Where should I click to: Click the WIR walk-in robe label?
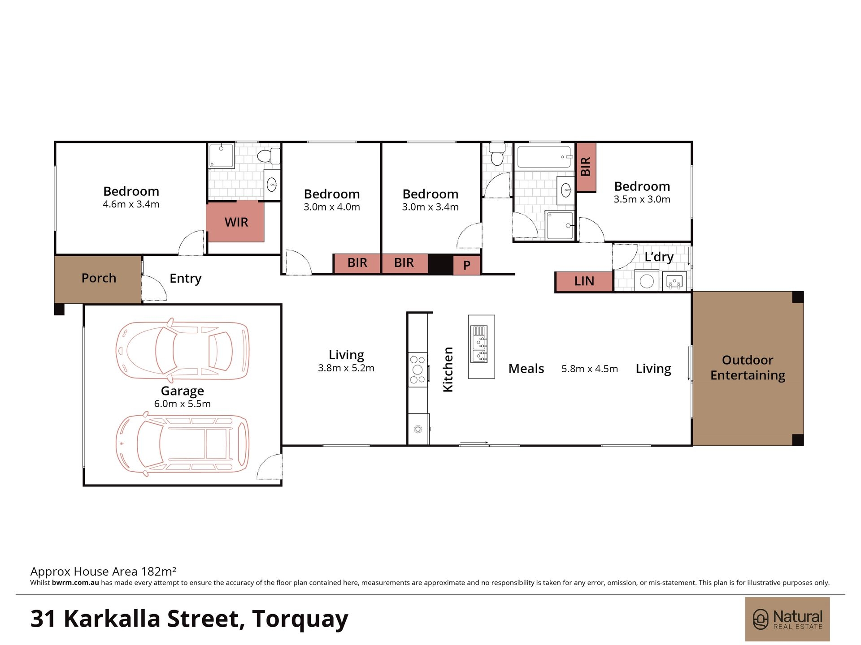click(236, 222)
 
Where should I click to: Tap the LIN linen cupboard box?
click(584, 281)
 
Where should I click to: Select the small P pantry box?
click(467, 265)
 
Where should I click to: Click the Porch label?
click(99, 278)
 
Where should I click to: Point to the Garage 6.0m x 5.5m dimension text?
click(182, 404)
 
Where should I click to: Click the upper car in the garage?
click(182, 349)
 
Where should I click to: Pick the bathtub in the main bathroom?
click(545, 157)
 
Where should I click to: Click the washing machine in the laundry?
click(647, 281)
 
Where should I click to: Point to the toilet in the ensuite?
click(268, 155)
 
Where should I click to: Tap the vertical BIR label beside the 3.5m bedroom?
click(586, 167)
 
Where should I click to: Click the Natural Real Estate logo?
click(787, 619)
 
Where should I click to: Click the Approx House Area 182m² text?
click(103, 572)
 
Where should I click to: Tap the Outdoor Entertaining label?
click(748, 368)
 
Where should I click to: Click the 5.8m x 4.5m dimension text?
click(590, 369)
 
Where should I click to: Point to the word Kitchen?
click(448, 370)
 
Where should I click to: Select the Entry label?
click(185, 279)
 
